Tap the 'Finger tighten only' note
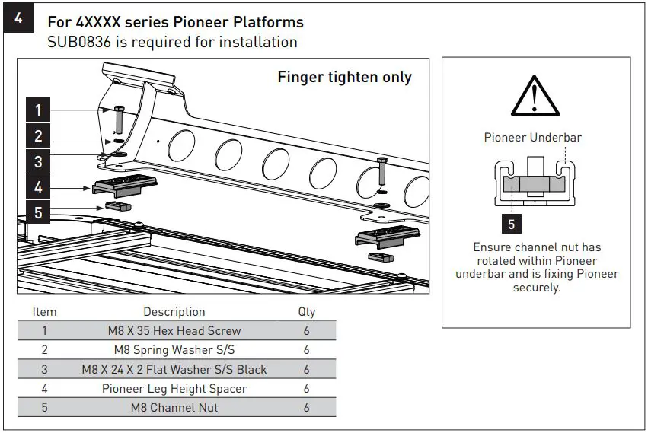[344, 77]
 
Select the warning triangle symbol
[535, 97]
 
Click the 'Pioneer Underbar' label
[533, 138]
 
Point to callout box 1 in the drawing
[38, 110]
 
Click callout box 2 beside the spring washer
[38, 137]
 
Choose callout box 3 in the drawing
[38, 161]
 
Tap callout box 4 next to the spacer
[38, 186]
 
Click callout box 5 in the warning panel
[511, 224]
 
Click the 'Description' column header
[174, 312]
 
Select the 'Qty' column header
[307, 312]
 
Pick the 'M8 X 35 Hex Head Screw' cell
[174, 331]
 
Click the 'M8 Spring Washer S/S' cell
[174, 350]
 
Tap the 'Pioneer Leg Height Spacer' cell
[174, 388]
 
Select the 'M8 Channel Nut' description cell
[174, 407]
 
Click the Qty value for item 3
[307, 369]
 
